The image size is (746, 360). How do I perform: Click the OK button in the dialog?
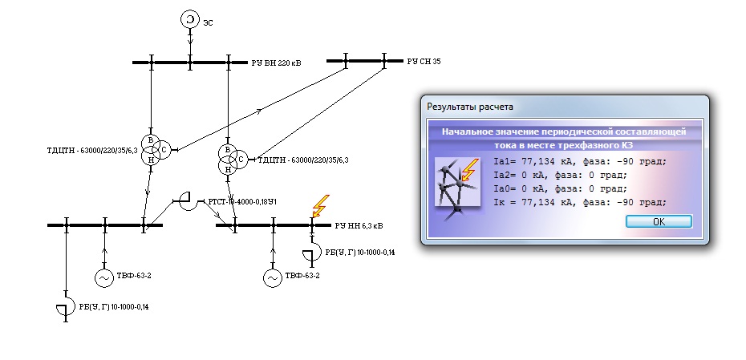click(658, 222)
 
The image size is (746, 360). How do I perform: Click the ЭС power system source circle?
click(189, 18)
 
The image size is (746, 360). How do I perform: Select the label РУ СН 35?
click(424, 61)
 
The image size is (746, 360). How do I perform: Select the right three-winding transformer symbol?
click(230, 160)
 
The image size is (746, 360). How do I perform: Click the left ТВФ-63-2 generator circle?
click(104, 277)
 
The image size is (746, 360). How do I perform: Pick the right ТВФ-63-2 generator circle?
click(273, 277)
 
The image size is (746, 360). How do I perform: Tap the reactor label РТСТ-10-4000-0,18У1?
click(242, 202)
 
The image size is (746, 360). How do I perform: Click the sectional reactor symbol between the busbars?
click(184, 201)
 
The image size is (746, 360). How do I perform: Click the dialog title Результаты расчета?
click(470, 106)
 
